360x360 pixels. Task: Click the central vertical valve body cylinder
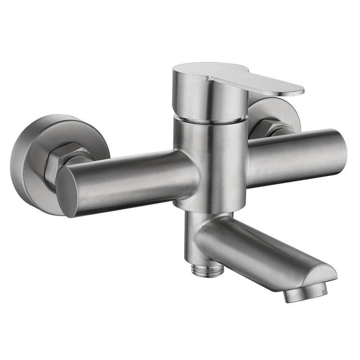(x=209, y=162)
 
